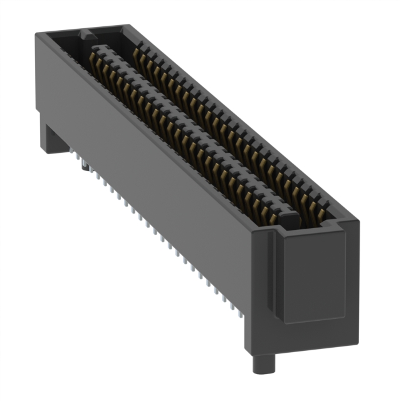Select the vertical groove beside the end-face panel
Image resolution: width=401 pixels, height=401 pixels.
[274, 276]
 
